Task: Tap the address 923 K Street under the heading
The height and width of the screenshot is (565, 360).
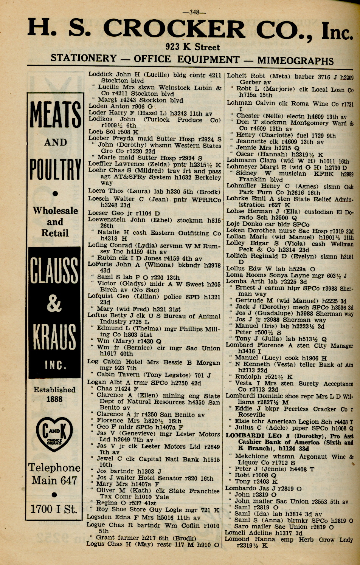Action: point(192,47)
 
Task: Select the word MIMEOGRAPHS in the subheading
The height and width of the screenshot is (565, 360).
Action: point(295,60)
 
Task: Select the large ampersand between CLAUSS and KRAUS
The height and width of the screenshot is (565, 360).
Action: point(55,304)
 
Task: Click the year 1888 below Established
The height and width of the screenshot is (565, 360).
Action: point(54,399)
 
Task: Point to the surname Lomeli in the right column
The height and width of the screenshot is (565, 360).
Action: point(235,532)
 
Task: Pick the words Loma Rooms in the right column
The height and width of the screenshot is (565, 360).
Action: point(241,275)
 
